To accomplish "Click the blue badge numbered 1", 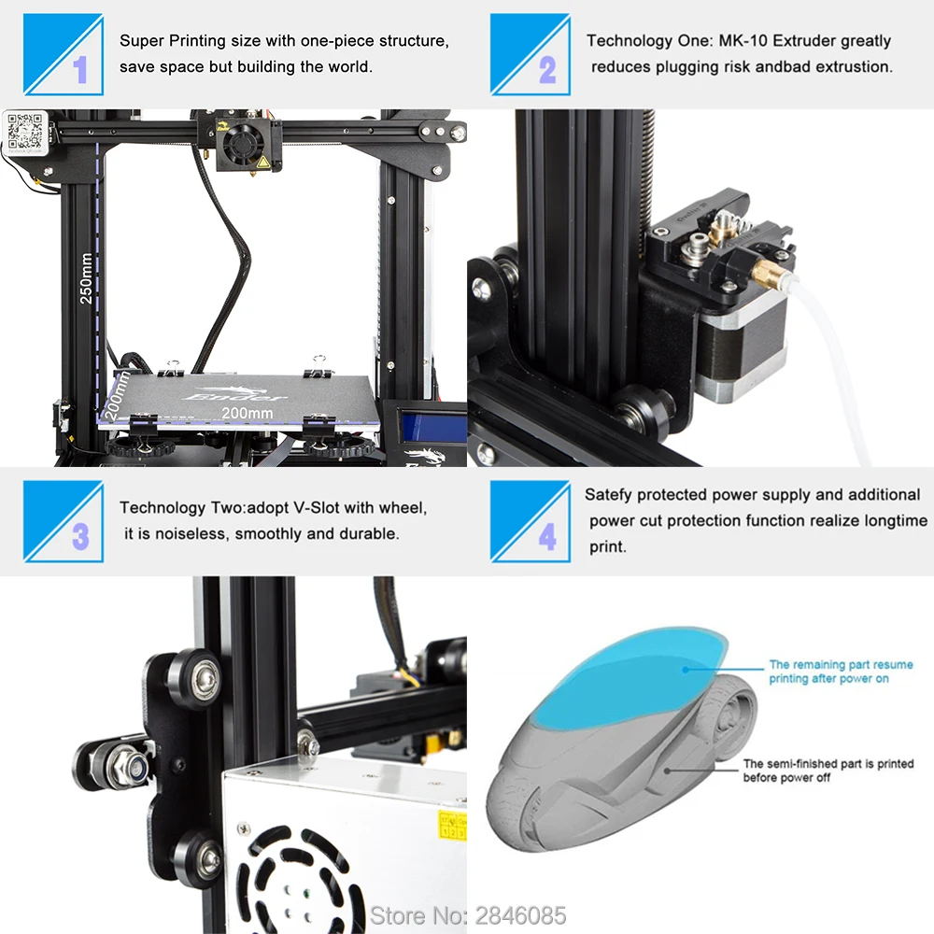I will point(63,54).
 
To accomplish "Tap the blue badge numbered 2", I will point(530,54).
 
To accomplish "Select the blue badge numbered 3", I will point(63,521).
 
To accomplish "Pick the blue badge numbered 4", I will point(530,521).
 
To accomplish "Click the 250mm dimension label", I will point(86,278).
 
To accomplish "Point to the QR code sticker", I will point(25,132).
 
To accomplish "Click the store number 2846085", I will point(523,914).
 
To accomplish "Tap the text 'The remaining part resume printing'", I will point(841,672).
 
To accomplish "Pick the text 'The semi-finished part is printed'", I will point(828,771).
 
